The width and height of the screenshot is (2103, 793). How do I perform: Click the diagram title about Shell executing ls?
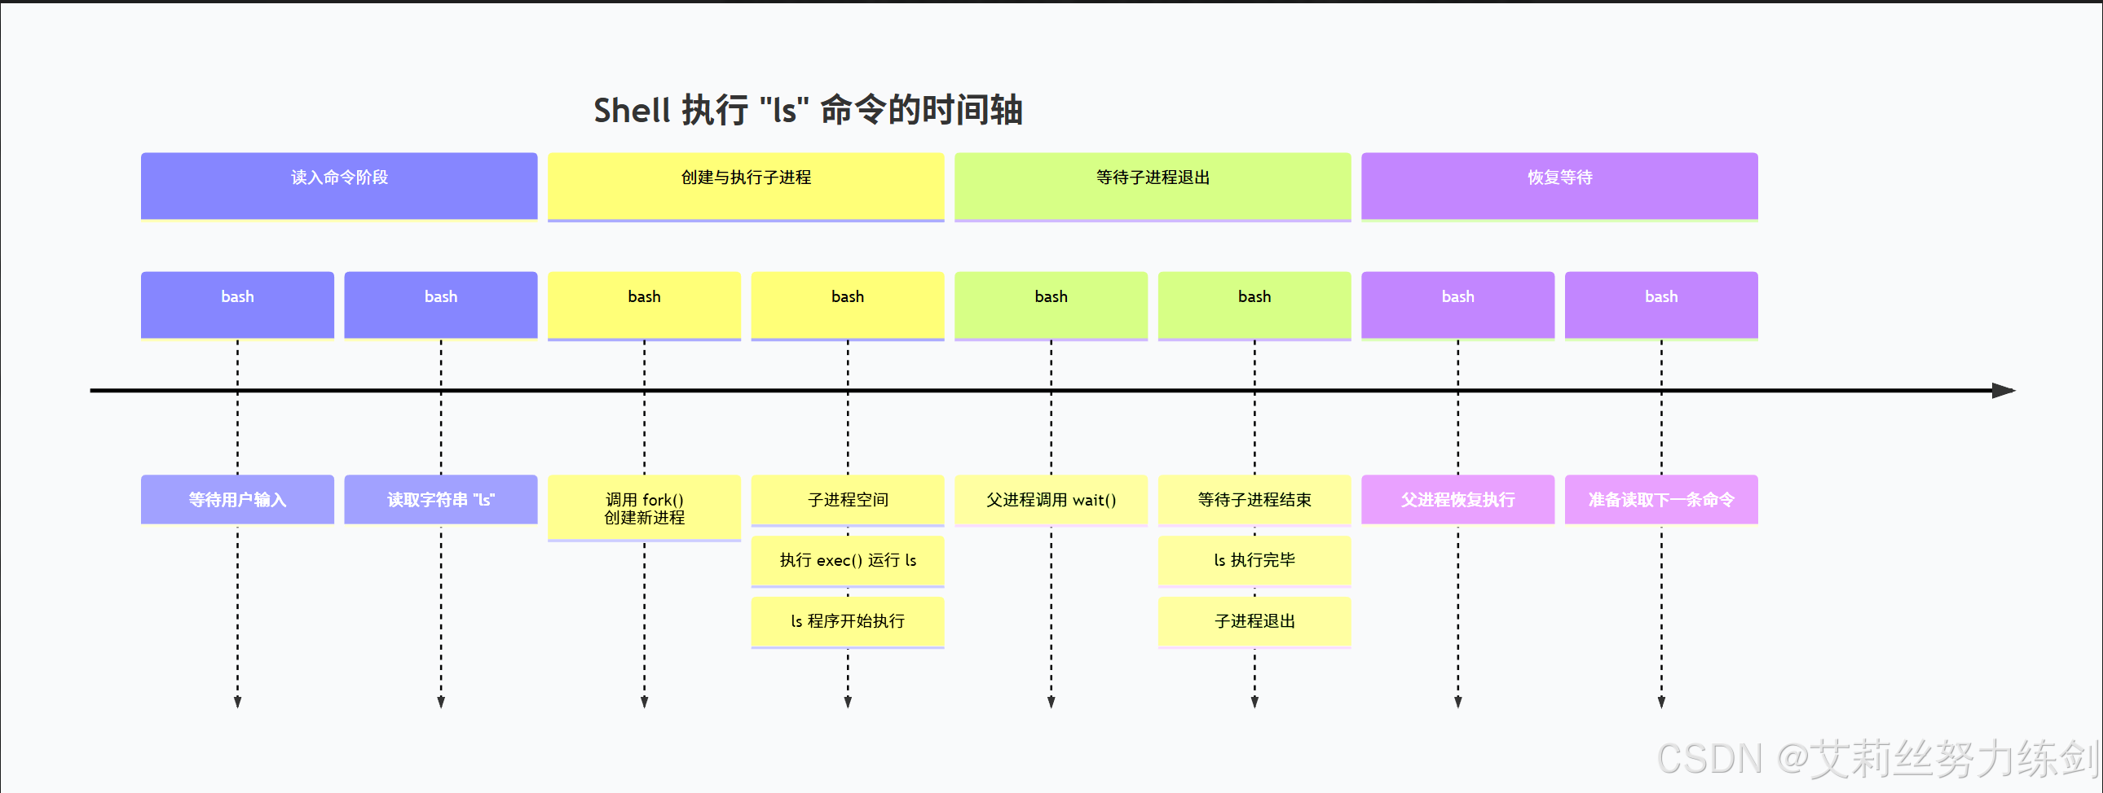pyautogui.click(x=808, y=110)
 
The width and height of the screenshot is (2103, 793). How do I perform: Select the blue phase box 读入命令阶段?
pyautogui.click(x=339, y=185)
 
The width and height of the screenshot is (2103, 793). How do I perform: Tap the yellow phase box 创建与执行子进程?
pyautogui.click(x=745, y=185)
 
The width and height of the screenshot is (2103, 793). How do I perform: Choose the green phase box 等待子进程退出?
pyautogui.click(x=1152, y=185)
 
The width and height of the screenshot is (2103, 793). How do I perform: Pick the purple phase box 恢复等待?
pyautogui.click(x=1559, y=185)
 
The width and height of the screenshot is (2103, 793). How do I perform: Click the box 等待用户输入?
pyautogui.click(x=236, y=499)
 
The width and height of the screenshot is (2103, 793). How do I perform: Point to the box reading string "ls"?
pyautogui.click(x=441, y=499)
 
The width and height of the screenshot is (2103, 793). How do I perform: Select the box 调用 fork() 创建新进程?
pyautogui.click(x=644, y=507)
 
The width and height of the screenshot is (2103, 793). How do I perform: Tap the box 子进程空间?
pyautogui.click(x=848, y=499)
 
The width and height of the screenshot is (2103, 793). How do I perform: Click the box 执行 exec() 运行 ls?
pyautogui.click(x=848, y=560)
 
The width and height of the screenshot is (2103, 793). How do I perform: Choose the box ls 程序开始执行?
pyautogui.click(x=848, y=622)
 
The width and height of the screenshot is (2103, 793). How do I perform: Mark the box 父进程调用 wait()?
pyautogui.click(x=1051, y=499)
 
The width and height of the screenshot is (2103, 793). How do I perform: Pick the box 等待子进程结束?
pyautogui.click(x=1254, y=499)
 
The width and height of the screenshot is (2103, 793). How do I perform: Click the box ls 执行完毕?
pyautogui.click(x=1254, y=560)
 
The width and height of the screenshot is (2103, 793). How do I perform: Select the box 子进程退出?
pyautogui.click(x=1254, y=622)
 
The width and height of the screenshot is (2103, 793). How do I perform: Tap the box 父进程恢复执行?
pyautogui.click(x=1457, y=499)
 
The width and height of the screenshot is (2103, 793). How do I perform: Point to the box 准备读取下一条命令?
pyautogui.click(x=1660, y=499)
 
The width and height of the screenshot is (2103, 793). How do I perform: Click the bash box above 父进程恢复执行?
pyautogui.click(x=1457, y=304)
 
